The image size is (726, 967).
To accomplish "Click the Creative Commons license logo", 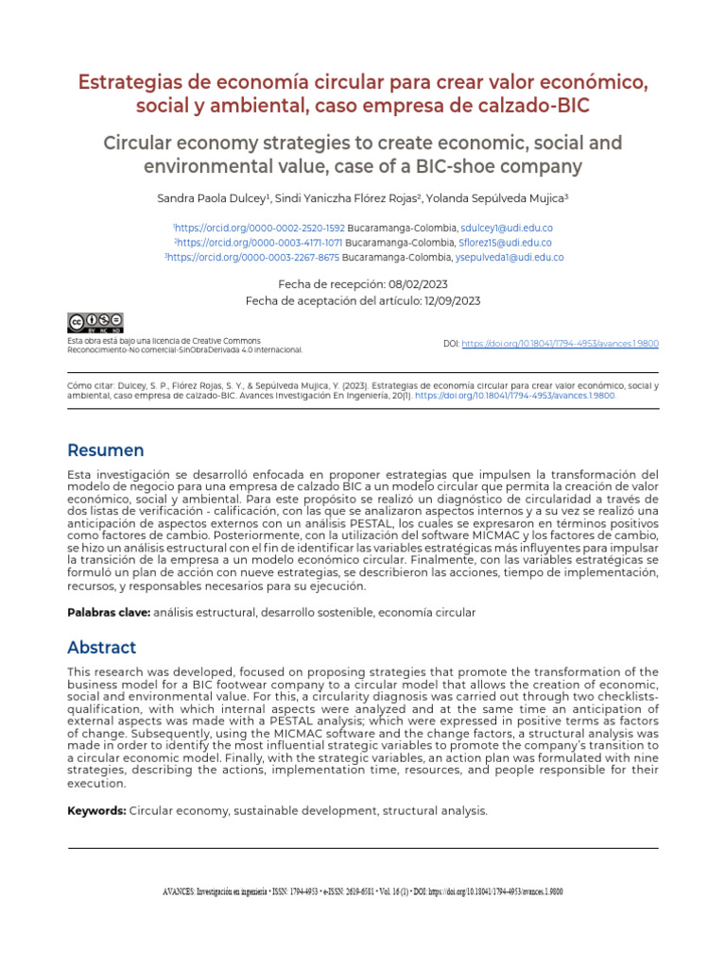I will coord(95,323).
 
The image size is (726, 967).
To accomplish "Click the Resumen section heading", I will coord(105,450).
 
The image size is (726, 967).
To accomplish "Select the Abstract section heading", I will coord(101,648).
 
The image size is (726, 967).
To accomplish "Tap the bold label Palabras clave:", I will coord(108,613).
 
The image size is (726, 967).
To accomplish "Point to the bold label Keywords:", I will coord(96,810).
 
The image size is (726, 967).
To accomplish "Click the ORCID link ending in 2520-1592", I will coord(260,229).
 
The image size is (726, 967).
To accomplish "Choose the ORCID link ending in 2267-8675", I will coord(254,257).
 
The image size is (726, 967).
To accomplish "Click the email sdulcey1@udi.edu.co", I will coord(507,229).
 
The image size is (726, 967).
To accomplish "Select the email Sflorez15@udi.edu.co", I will coord(505,243).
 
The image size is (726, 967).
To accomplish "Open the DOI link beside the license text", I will coord(560,344).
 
